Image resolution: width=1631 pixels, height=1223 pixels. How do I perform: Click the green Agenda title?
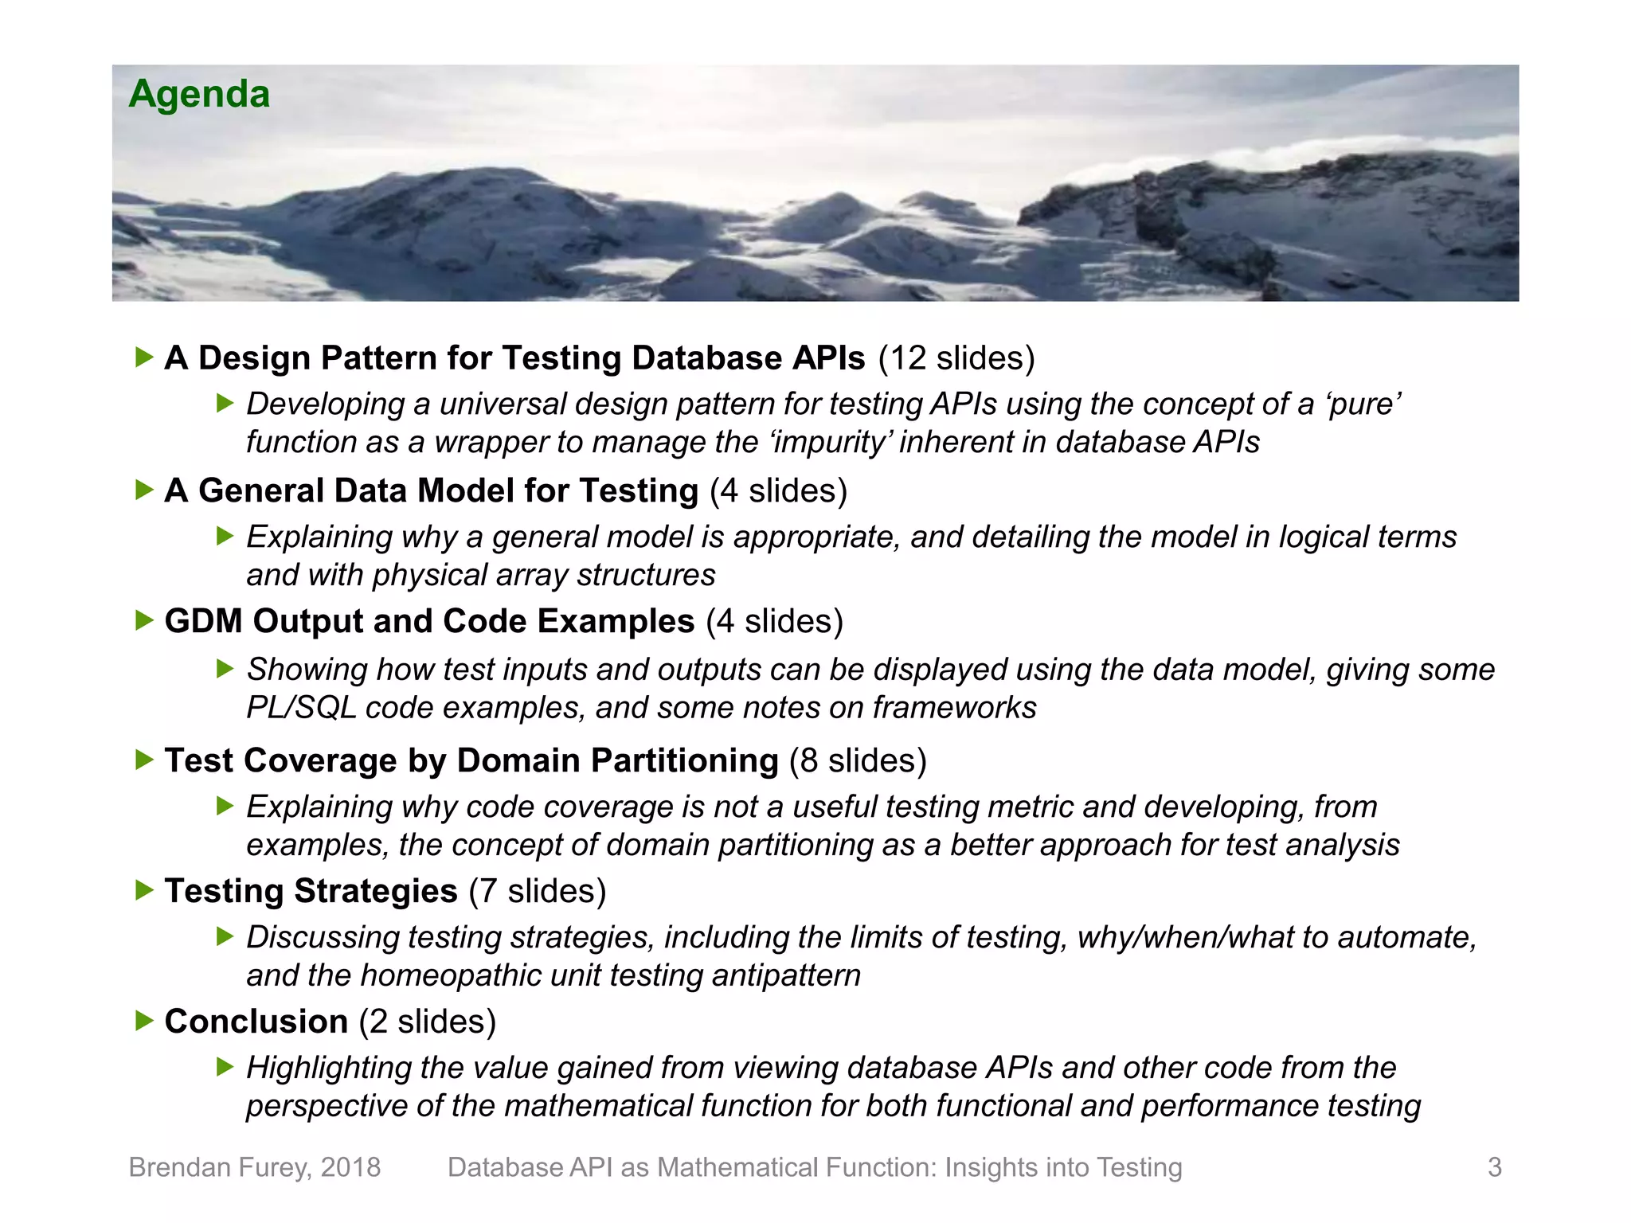(199, 94)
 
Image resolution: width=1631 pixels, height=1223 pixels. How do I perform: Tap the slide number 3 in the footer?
(1494, 1167)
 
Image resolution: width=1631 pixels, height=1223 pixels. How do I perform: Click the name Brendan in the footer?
(182, 1167)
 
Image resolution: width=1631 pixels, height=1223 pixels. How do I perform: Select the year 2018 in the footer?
(350, 1167)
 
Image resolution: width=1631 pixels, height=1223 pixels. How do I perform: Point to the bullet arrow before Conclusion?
(144, 1021)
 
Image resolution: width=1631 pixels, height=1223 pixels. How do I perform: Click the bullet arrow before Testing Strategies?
(144, 890)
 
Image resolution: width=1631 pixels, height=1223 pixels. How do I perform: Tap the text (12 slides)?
(956, 358)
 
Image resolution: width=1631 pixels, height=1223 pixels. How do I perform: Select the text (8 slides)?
(858, 760)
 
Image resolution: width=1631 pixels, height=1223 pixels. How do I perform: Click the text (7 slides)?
(538, 891)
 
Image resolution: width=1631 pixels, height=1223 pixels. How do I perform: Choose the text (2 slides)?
(428, 1022)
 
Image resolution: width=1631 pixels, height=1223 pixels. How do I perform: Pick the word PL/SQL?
(301, 708)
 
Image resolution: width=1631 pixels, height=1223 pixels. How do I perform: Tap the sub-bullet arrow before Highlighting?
(225, 1067)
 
